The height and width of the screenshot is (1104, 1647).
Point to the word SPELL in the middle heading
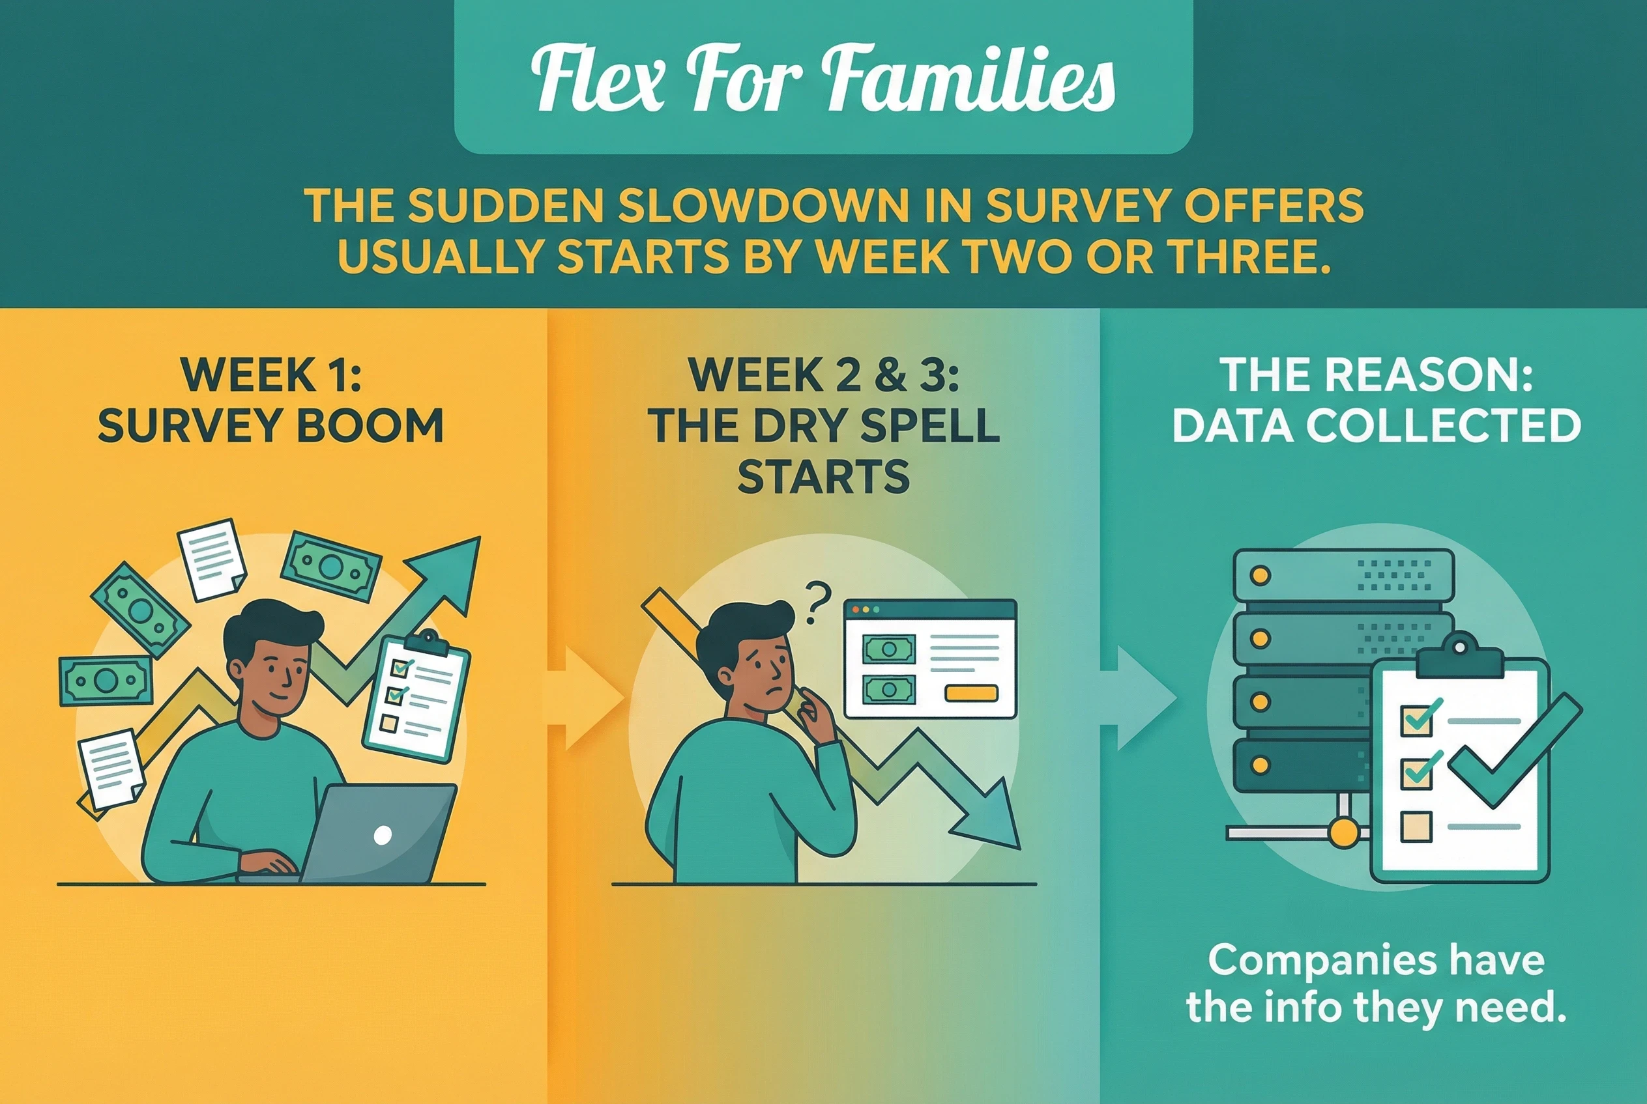tap(930, 425)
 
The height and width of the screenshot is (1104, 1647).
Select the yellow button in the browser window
tap(970, 694)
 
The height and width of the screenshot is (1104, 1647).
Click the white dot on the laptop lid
tap(383, 835)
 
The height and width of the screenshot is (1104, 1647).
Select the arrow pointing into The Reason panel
tap(1139, 698)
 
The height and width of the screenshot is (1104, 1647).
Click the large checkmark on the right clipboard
tap(1514, 750)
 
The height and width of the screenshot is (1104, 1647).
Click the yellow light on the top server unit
tap(1261, 575)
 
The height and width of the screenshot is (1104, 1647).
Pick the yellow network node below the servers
tap(1343, 833)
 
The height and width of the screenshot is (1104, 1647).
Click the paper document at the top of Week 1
tap(211, 559)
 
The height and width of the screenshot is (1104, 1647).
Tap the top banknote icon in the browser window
tap(889, 649)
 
